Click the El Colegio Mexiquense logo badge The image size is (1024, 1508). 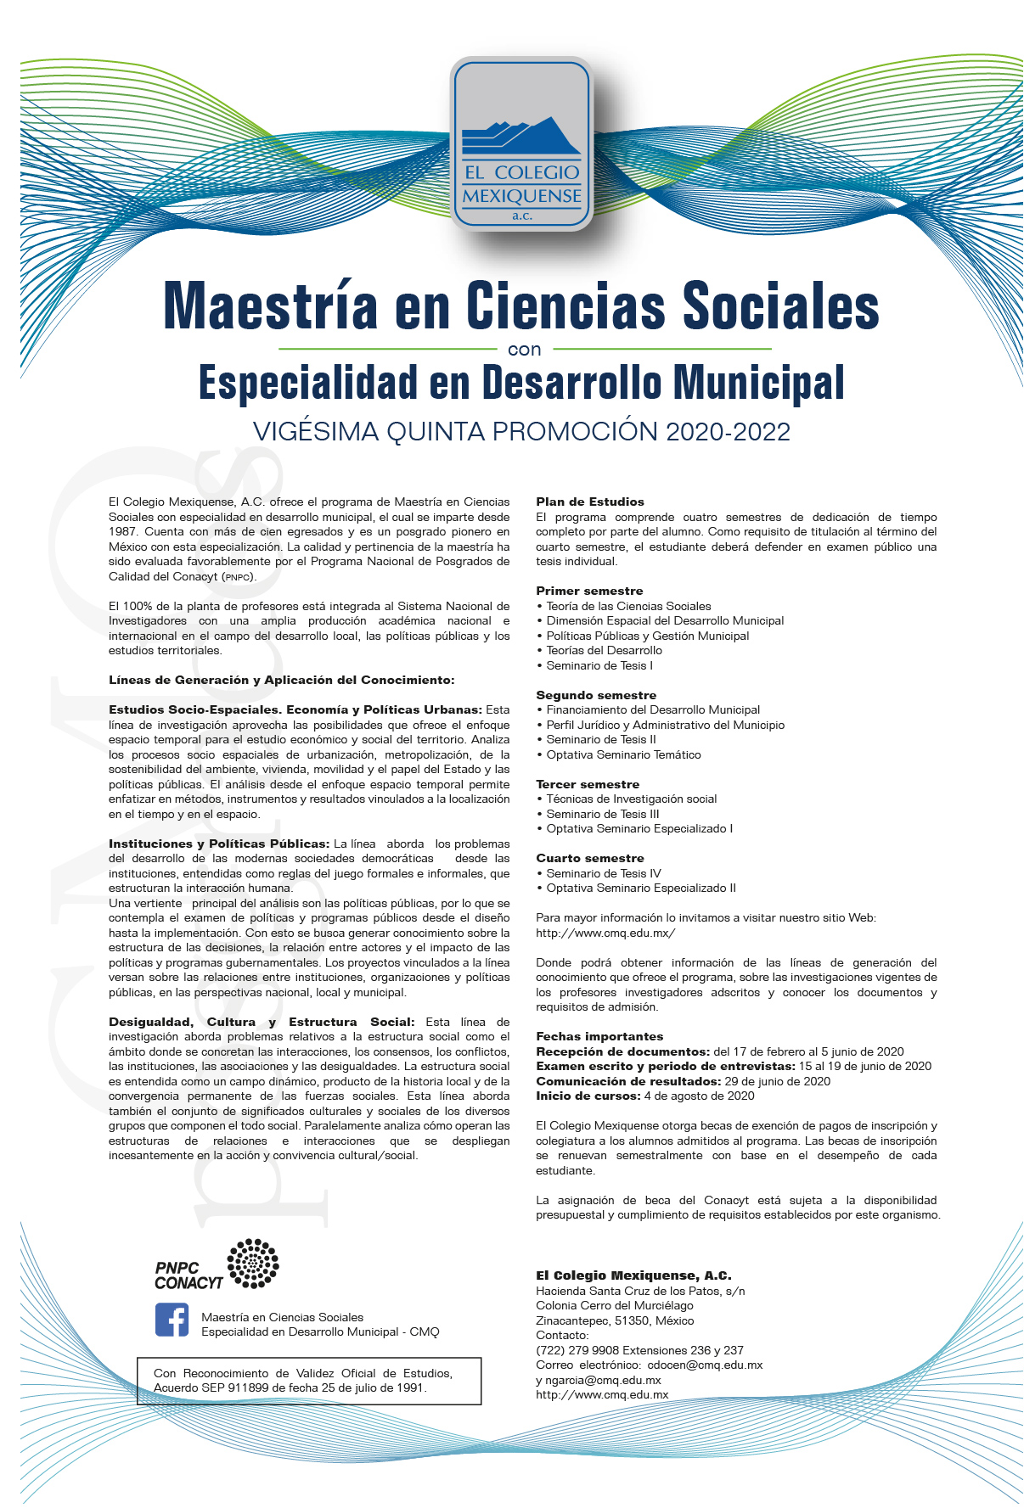521,143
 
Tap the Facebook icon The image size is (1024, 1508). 172,1320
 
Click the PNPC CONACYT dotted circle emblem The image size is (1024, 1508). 253,1263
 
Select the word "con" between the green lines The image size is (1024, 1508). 524,350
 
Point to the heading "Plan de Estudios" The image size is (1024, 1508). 590,502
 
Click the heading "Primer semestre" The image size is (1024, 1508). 589,591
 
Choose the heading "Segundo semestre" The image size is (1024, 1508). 596,695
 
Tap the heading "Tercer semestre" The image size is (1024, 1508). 588,784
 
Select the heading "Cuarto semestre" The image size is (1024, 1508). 590,858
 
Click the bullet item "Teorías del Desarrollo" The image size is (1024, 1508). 604,650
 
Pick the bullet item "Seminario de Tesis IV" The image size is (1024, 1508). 603,873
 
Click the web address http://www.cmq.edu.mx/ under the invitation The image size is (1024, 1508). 605,933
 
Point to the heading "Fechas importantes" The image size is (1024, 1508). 599,1036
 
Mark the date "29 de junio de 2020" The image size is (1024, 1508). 777,1081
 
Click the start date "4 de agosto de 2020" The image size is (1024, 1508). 699,1096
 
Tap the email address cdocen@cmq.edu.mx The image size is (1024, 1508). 705,1365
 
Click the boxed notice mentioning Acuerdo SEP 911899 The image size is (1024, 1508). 309,1381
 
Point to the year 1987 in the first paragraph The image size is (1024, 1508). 122,531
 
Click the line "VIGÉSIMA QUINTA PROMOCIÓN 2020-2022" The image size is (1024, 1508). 521,432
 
